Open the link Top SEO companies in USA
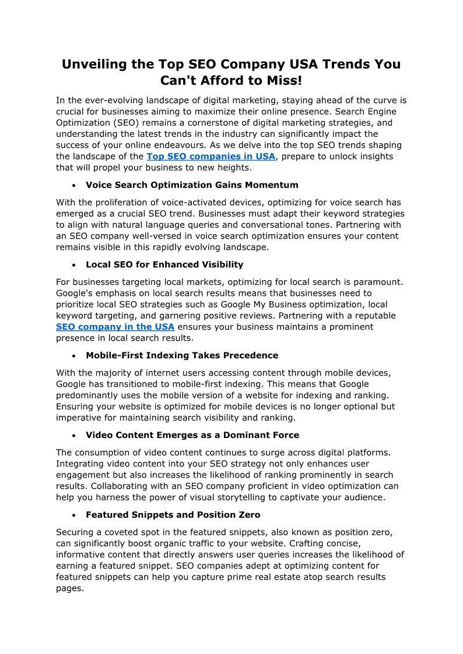click(211, 157)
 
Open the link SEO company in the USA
click(115, 327)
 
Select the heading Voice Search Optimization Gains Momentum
click(192, 185)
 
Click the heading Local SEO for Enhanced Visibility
click(164, 265)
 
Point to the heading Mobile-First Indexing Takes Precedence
click(182, 355)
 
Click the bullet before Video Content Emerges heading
click(73, 436)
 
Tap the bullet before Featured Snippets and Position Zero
click(73, 515)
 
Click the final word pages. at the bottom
click(70, 588)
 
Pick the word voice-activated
click(201, 203)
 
